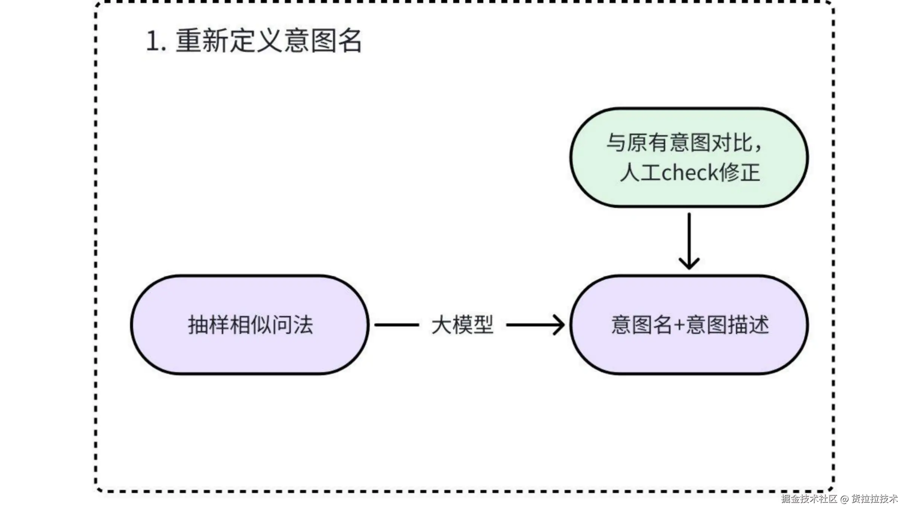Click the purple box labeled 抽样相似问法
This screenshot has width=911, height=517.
[250, 353]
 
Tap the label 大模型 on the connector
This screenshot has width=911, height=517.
[462, 325]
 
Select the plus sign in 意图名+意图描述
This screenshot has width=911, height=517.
[679, 325]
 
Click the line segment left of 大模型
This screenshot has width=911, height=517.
[396, 325]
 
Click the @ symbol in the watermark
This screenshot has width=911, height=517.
[844, 499]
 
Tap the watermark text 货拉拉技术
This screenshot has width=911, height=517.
[875, 499]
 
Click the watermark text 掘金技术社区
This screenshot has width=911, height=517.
[809, 499]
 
